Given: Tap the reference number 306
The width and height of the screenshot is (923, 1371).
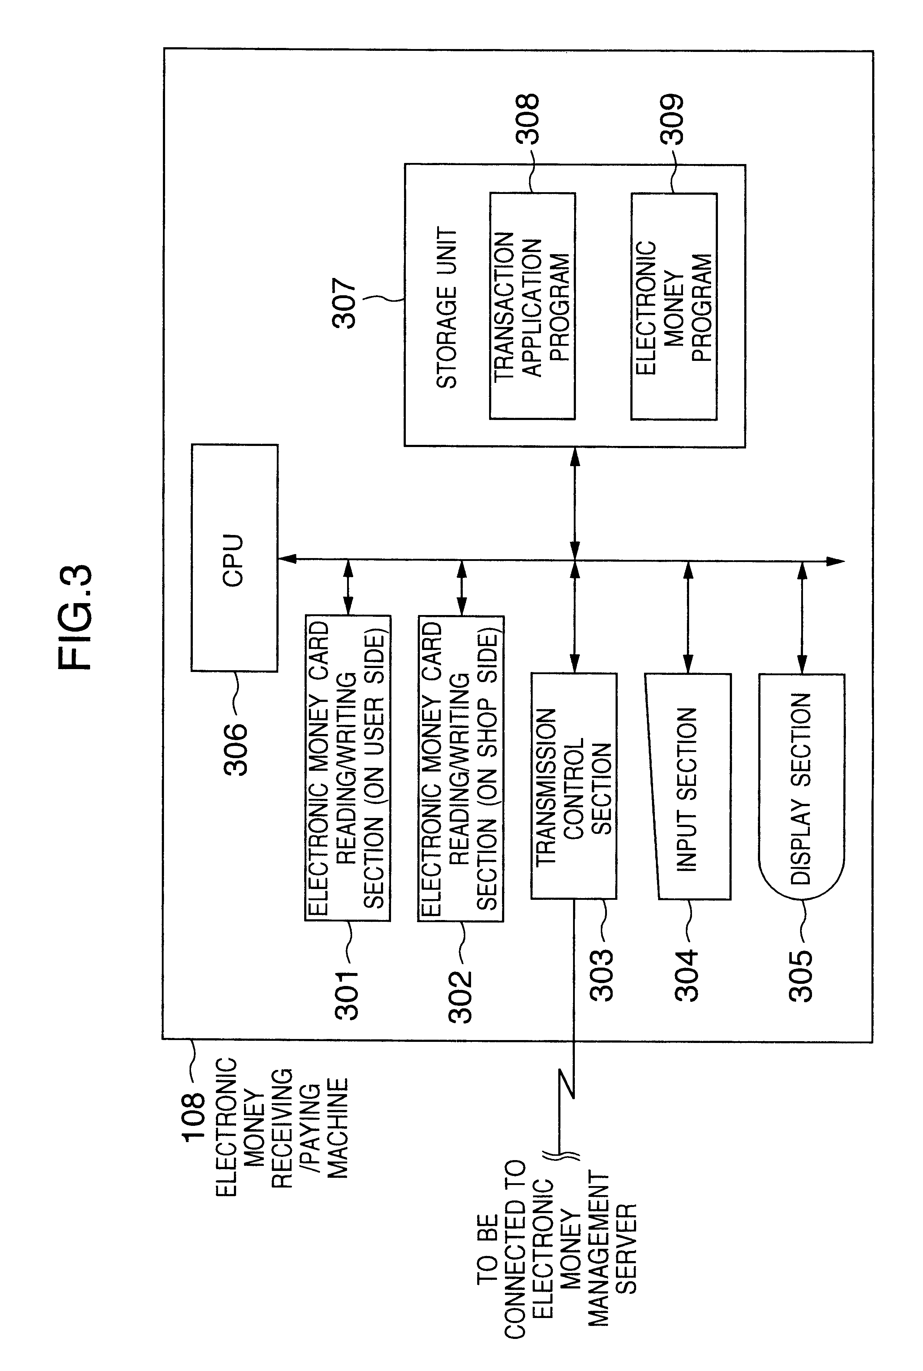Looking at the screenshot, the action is pos(235,749).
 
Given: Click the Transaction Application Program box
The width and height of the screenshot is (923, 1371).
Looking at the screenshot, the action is pos(532,306).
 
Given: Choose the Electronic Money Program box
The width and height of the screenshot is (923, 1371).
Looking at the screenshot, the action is pos(674,306).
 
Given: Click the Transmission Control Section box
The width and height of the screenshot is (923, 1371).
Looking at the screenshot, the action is pos(574,786).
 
